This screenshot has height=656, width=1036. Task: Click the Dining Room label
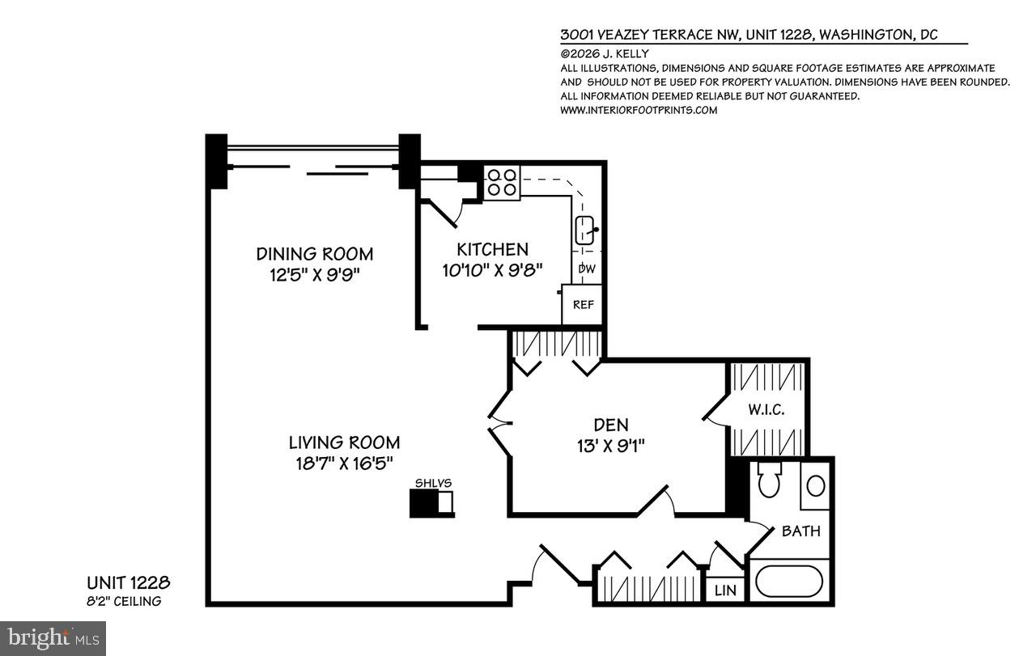click(x=314, y=253)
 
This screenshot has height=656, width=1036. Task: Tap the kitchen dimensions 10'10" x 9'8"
click(x=492, y=269)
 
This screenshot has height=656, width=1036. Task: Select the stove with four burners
click(x=502, y=182)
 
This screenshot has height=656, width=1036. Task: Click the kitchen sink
click(x=586, y=231)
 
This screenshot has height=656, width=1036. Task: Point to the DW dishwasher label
click(x=587, y=269)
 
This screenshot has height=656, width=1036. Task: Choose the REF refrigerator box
click(x=583, y=305)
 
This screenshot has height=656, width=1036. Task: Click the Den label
click(x=610, y=424)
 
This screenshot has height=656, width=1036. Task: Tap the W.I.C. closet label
click(x=766, y=410)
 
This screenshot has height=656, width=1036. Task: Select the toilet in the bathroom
click(x=770, y=485)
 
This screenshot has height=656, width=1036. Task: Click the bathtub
click(x=788, y=581)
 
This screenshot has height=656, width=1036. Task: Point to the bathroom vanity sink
click(x=816, y=486)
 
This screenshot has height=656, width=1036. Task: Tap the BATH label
click(x=800, y=531)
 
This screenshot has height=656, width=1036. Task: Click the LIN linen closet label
click(x=725, y=590)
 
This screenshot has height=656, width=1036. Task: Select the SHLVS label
click(x=433, y=483)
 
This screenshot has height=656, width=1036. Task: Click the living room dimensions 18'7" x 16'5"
click(x=344, y=463)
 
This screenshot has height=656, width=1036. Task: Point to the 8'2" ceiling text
click(x=124, y=601)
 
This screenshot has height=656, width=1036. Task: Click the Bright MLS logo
click(x=53, y=637)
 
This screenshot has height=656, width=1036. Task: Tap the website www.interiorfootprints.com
click(x=639, y=110)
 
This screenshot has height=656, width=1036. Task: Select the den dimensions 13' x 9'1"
click(x=610, y=444)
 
